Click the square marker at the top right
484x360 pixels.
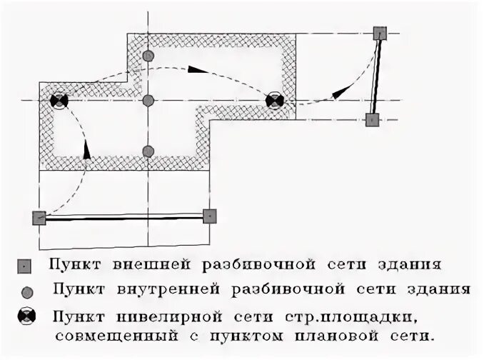(x=380, y=33)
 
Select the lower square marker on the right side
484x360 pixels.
(x=371, y=119)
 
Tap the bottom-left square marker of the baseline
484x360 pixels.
(x=39, y=218)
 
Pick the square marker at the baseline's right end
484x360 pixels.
(x=209, y=216)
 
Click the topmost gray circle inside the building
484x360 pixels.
(x=148, y=56)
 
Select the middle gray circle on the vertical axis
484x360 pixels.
(x=148, y=101)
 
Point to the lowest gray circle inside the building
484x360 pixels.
(x=148, y=151)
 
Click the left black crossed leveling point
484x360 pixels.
(x=59, y=101)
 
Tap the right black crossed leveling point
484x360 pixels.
(x=274, y=101)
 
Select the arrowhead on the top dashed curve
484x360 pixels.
(x=198, y=70)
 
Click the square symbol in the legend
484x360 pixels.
(x=26, y=266)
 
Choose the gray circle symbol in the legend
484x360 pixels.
(x=26, y=291)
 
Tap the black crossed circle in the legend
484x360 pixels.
(x=26, y=317)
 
